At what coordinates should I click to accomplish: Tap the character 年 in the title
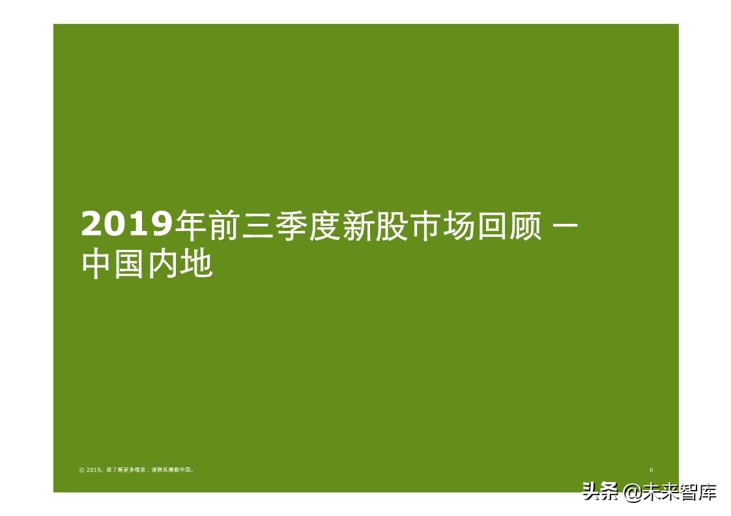point(193,225)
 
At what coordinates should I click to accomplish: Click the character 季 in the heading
point(293,225)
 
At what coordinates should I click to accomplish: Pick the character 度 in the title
point(326,225)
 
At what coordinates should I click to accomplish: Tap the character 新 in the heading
point(359,225)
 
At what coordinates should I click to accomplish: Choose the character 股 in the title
point(392,225)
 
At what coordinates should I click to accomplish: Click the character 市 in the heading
point(425,225)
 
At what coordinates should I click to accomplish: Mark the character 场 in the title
point(459,225)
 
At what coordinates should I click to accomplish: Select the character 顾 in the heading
point(525,225)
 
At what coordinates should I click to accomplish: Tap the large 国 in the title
point(131,265)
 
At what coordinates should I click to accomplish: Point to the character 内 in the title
point(164,265)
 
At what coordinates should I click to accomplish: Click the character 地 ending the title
point(197,265)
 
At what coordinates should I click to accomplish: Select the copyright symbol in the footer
point(81,470)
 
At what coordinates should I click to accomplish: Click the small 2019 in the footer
point(93,470)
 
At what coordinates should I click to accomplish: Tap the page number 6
point(651,470)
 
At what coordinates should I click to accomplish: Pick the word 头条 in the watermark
point(600,491)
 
